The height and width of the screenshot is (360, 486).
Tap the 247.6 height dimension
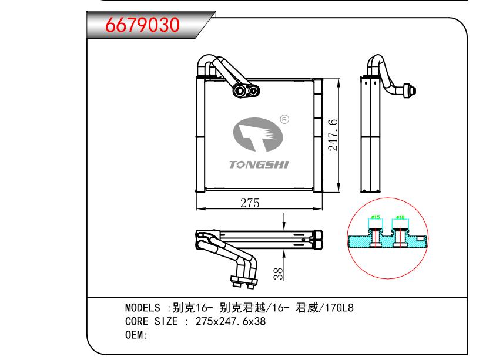333,134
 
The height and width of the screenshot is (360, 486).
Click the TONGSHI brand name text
259,165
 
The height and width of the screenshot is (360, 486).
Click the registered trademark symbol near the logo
285,120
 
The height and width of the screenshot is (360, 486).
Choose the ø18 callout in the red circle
400,218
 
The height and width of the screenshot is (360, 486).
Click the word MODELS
143,308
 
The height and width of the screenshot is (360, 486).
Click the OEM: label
136,335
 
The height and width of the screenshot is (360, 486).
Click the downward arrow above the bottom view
284,222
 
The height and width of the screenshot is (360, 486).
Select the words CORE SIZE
150,322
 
